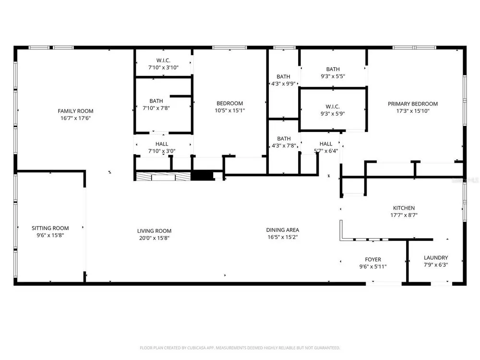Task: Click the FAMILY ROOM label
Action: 76,111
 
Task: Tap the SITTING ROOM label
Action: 50,228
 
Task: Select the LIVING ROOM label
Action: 154,231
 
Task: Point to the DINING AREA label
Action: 283,230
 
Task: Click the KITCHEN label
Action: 404,208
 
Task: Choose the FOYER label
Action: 373,259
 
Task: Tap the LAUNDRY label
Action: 436,258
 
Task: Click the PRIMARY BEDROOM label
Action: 413,104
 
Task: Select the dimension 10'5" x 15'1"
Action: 229,110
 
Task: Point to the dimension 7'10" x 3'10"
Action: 163,68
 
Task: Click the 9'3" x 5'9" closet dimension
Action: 333,114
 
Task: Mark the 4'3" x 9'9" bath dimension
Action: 284,84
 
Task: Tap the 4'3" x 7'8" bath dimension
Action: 284,146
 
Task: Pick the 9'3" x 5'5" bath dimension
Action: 333,76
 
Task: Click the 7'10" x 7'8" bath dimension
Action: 156,108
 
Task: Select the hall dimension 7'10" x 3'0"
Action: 162,151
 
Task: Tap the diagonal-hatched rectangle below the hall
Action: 163,177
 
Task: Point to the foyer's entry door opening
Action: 384,284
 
